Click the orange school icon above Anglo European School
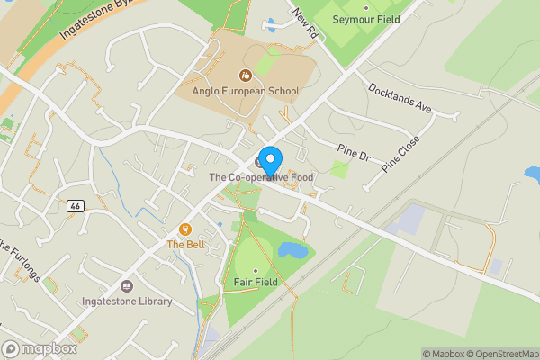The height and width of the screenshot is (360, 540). (x=245, y=76)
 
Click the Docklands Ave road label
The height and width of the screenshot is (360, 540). (x=400, y=97)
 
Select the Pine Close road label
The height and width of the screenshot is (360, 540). (x=400, y=154)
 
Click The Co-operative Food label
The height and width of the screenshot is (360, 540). (x=261, y=178)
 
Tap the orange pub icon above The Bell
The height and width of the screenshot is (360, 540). (x=186, y=229)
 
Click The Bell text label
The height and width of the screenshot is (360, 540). (x=186, y=244)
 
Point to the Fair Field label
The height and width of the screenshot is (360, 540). (x=255, y=283)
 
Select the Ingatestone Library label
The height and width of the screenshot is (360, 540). (x=126, y=301)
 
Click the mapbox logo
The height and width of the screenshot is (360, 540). (x=40, y=348)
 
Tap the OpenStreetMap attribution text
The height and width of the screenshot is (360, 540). (x=500, y=354)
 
